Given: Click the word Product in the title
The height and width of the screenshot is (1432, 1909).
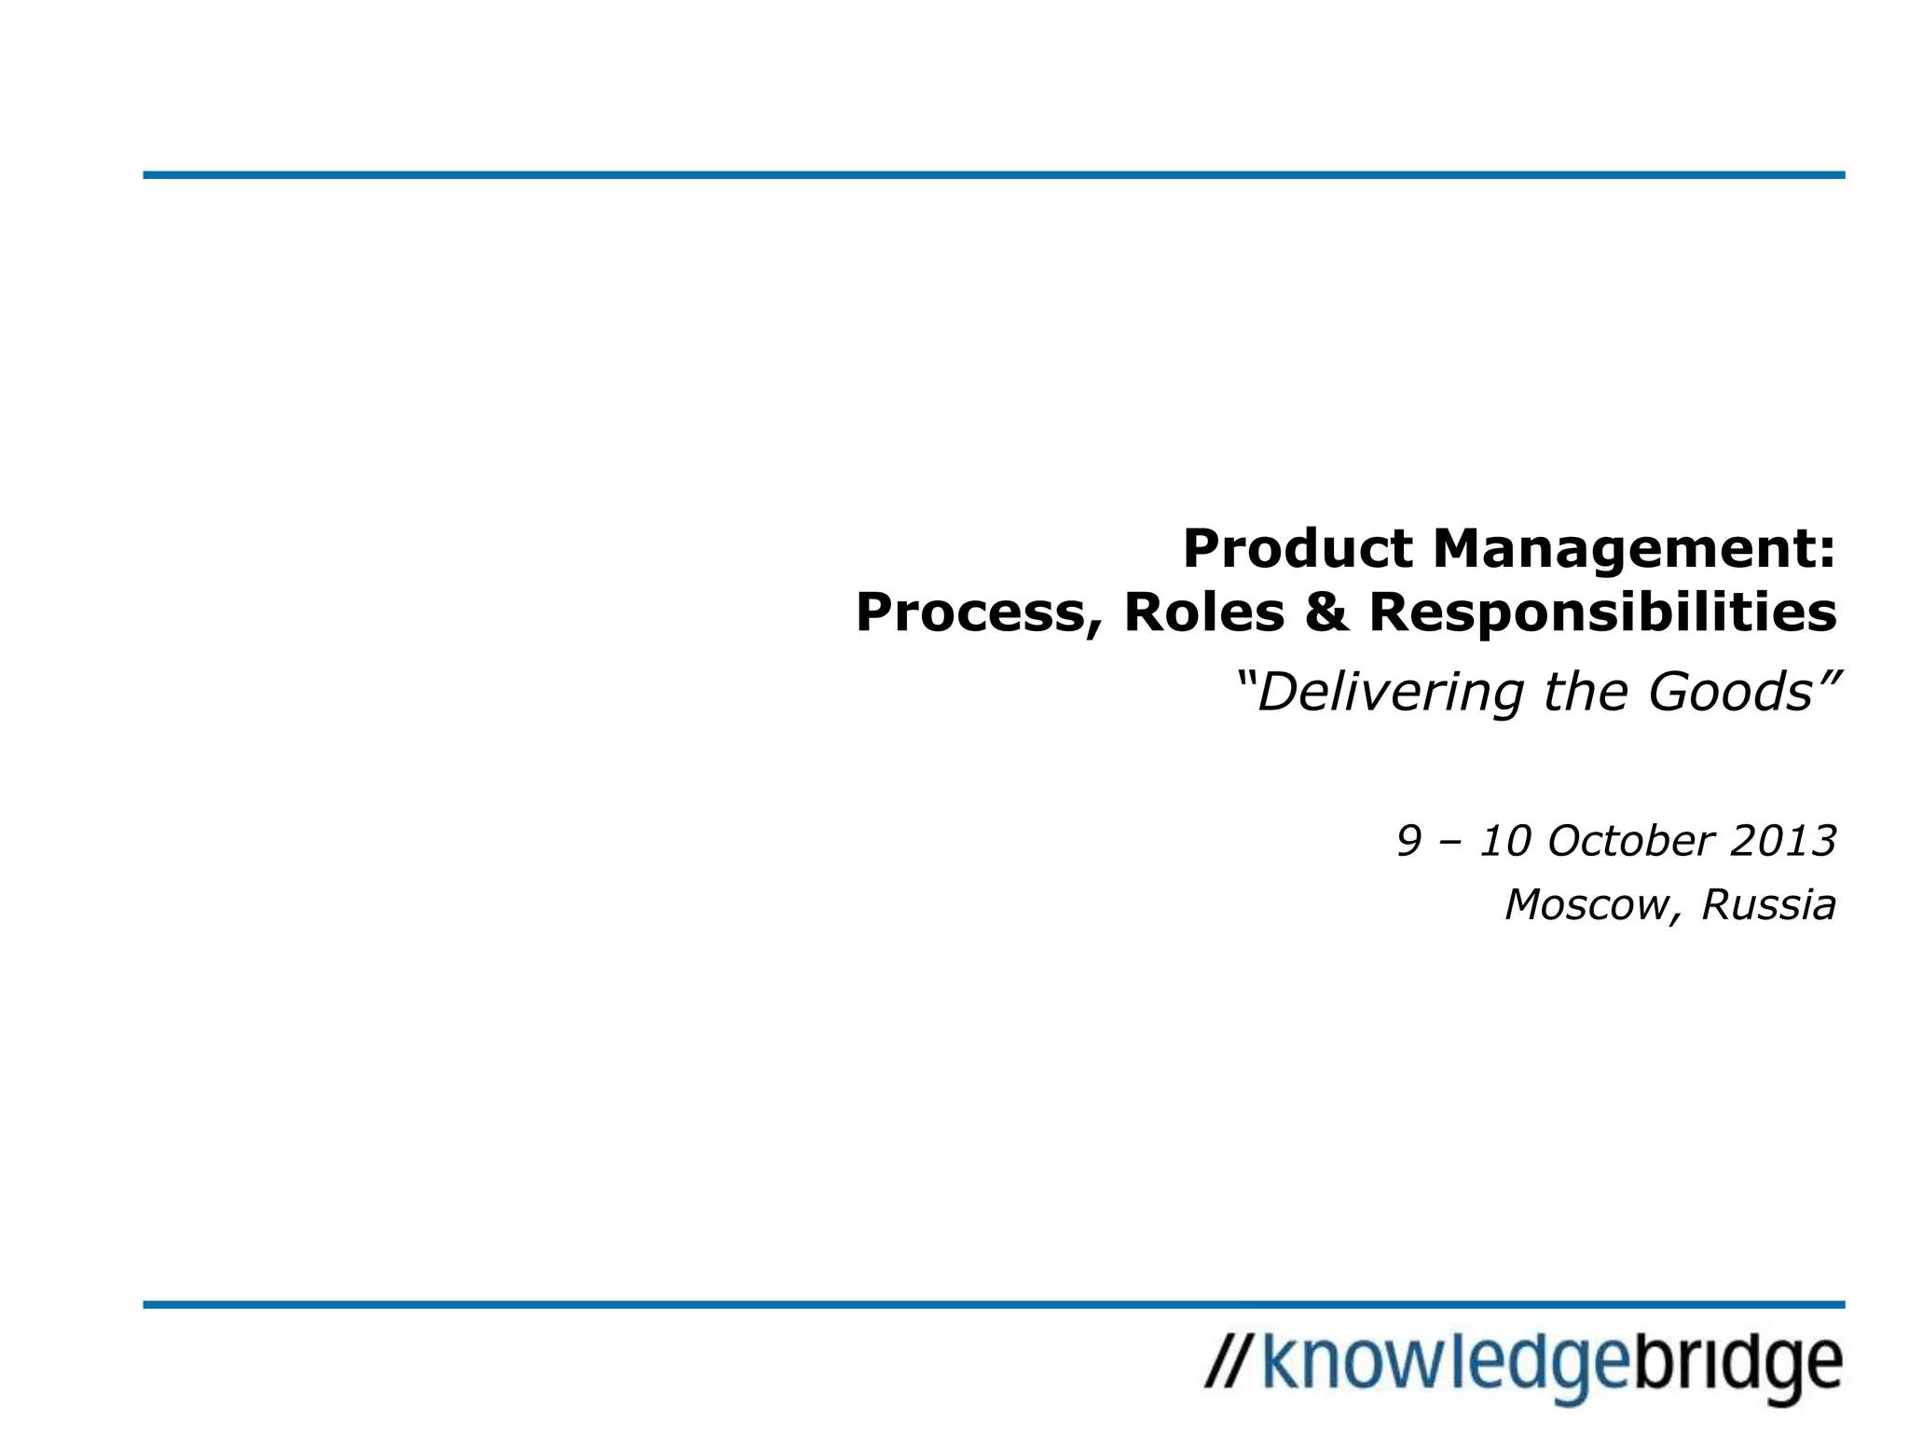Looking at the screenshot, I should pyautogui.click(x=1298, y=548).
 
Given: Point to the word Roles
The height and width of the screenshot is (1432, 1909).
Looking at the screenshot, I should pyautogui.click(x=1203, y=613).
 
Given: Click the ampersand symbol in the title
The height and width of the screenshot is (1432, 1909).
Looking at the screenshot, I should pyautogui.click(x=1326, y=613).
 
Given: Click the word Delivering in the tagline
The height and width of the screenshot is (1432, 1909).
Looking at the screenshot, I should pyautogui.click(x=1390, y=693).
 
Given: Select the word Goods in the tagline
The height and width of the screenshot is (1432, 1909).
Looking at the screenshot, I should pyautogui.click(x=1730, y=692).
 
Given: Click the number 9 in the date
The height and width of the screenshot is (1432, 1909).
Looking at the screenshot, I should pyautogui.click(x=1408, y=841).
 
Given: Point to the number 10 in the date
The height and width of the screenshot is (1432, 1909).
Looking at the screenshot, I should pyautogui.click(x=1506, y=841).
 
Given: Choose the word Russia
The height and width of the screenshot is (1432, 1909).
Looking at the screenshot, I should pyautogui.click(x=1768, y=904).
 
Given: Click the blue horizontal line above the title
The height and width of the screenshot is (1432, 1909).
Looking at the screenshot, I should pyautogui.click(x=994, y=175).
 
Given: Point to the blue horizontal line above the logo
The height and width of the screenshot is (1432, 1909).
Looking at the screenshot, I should pyautogui.click(x=994, y=1304).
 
